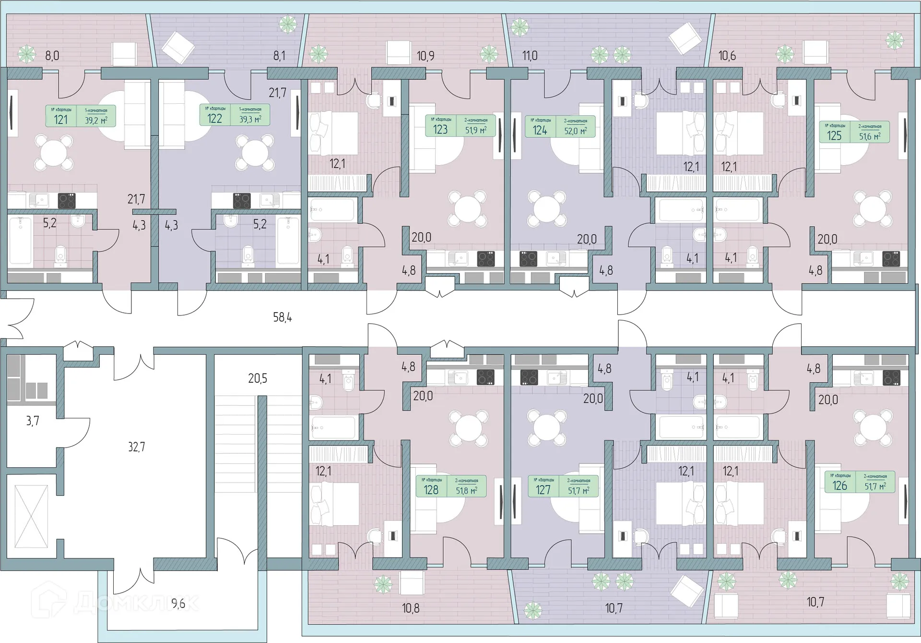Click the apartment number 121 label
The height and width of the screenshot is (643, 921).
pyautogui.click(x=60, y=119)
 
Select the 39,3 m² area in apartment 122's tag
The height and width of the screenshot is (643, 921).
pyautogui.click(x=250, y=119)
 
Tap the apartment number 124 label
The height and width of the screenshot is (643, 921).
pyautogui.click(x=540, y=130)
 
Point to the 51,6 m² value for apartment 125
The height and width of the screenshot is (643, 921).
pyautogui.click(x=869, y=136)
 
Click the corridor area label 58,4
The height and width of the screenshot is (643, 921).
pyautogui.click(x=282, y=317)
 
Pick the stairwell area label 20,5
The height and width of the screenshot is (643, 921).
pyautogui.click(x=258, y=378)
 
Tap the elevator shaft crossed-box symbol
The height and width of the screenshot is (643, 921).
pyautogui.click(x=31, y=516)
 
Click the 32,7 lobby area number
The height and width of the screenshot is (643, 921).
pyautogui.click(x=136, y=447)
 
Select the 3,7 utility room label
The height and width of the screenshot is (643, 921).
pyautogui.click(x=32, y=421)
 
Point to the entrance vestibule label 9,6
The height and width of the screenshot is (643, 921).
pyautogui.click(x=178, y=604)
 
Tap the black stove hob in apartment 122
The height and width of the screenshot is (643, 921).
pyautogui.click(x=242, y=200)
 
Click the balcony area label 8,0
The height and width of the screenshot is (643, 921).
pyautogui.click(x=52, y=56)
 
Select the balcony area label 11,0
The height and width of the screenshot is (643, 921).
pyautogui.click(x=530, y=56)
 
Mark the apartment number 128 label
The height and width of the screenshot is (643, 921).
pyautogui.click(x=431, y=489)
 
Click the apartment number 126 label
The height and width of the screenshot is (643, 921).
pyautogui.click(x=839, y=485)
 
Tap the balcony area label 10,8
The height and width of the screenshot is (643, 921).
pyautogui.click(x=410, y=608)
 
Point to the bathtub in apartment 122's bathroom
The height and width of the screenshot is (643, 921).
pyautogui.click(x=288, y=240)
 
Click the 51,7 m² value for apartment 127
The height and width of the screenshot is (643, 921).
pyautogui.click(x=578, y=490)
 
